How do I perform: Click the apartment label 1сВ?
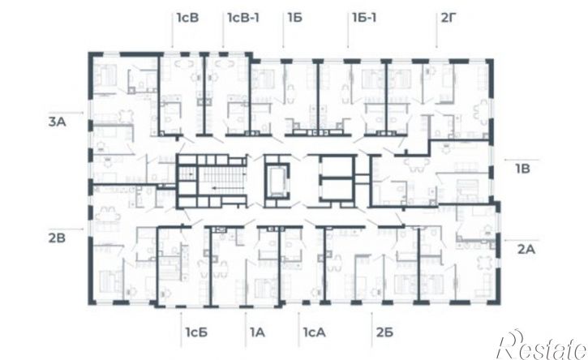click(187, 17)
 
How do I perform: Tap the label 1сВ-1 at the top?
click(243, 17)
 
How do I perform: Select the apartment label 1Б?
click(294, 17)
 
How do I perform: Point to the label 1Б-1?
click(364, 17)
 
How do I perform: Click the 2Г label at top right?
click(449, 17)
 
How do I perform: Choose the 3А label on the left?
click(58, 122)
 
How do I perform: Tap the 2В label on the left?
click(57, 238)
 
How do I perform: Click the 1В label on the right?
click(523, 169)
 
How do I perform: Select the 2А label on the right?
click(526, 249)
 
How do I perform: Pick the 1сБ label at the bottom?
click(196, 332)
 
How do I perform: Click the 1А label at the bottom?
click(257, 332)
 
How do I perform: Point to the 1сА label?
click(314, 332)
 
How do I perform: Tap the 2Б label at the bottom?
click(384, 332)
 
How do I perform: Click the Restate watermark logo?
click(542, 345)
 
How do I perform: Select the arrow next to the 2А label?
click(521, 239)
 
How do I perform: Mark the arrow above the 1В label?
click(521, 160)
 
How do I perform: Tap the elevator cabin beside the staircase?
click(277, 181)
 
